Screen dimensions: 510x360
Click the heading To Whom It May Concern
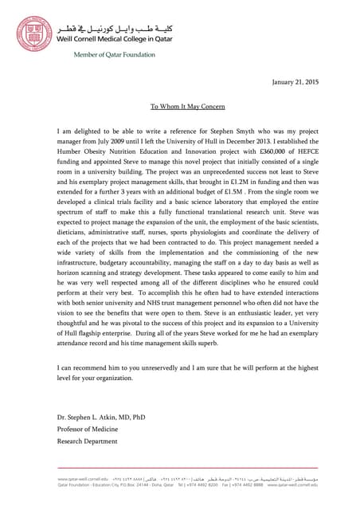tap(188, 106)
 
